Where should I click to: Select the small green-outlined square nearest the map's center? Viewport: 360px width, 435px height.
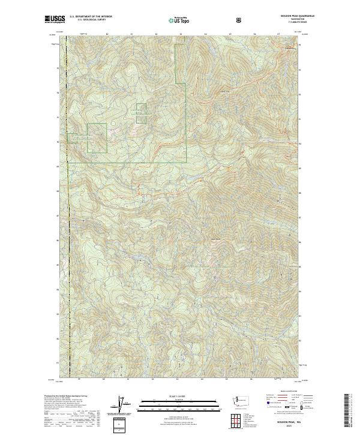point(141,113)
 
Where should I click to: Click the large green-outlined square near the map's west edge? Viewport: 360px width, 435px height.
point(97,137)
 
